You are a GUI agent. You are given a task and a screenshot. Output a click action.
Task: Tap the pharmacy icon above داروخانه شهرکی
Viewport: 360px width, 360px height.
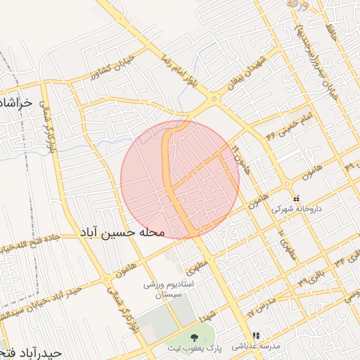(x=295, y=198)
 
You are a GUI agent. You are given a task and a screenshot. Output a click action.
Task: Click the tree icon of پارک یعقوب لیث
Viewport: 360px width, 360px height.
(x=195, y=337)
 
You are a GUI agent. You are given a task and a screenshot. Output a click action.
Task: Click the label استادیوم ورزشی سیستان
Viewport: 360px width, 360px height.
(x=164, y=290)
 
